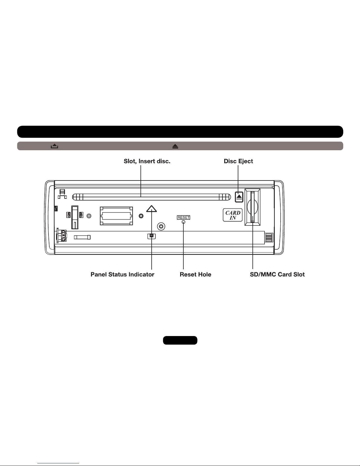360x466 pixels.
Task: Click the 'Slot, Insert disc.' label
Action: click(x=147, y=161)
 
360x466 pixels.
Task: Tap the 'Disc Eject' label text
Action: click(x=238, y=161)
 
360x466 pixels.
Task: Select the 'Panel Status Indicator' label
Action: click(x=122, y=275)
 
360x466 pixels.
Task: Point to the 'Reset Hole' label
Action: click(x=195, y=275)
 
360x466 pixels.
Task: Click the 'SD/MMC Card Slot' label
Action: click(x=277, y=275)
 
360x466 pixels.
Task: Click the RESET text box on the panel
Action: click(x=184, y=218)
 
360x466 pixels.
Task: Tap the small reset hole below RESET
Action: click(x=183, y=222)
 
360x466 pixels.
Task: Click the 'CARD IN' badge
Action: click(x=233, y=215)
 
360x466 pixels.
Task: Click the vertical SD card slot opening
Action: click(x=253, y=207)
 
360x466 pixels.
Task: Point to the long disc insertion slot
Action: click(x=152, y=197)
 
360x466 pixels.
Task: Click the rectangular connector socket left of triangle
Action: click(x=116, y=216)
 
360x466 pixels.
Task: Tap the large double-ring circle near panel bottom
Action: click(x=161, y=226)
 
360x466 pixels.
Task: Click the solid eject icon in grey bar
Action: click(x=175, y=146)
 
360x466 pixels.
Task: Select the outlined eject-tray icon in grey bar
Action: click(x=54, y=146)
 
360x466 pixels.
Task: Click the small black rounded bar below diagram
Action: click(x=180, y=340)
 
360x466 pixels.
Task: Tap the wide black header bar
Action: click(x=180, y=132)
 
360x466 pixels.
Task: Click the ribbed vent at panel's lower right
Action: click(x=269, y=238)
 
